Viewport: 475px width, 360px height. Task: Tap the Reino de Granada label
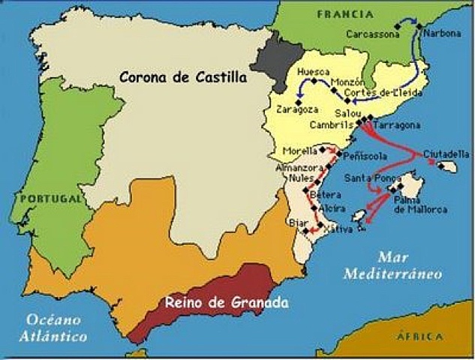tap(226, 304)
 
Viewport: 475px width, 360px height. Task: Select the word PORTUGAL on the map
tap(50, 199)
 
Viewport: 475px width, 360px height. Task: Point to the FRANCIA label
tap(345, 14)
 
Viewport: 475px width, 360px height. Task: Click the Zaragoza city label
tap(296, 109)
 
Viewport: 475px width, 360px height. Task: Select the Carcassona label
tap(371, 34)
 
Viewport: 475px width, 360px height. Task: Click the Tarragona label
tap(396, 125)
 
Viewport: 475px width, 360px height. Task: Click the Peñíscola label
tap(366, 157)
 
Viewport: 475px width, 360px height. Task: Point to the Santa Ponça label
tap(369, 178)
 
